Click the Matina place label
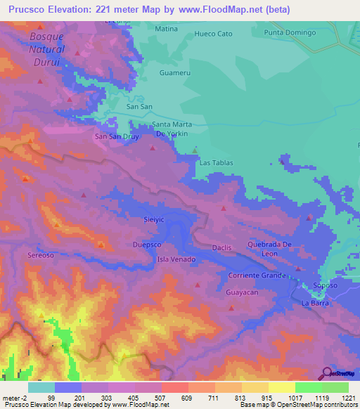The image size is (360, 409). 166,29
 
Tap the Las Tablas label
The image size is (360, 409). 216,162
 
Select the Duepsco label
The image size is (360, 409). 148,245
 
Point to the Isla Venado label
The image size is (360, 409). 176,259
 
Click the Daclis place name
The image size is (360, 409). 221,248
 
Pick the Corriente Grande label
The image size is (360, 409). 256,275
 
